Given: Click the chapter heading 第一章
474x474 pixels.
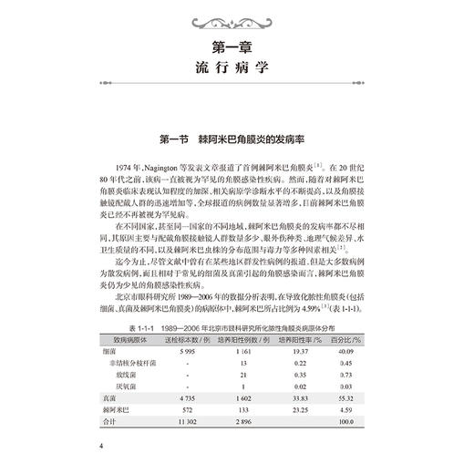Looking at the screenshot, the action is (x=237, y=45).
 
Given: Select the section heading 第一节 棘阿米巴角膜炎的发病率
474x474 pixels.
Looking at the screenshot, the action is (x=237, y=139).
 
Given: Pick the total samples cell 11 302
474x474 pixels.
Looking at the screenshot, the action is (x=188, y=423).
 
